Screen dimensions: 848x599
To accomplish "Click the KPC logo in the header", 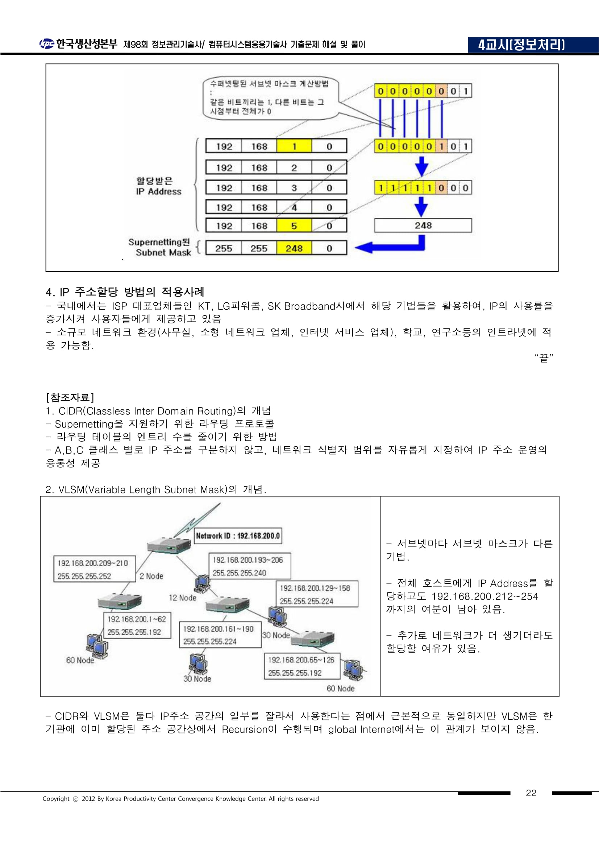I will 47,44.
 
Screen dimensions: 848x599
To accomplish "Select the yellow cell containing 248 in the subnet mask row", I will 294,248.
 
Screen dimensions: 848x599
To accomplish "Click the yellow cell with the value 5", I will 294,226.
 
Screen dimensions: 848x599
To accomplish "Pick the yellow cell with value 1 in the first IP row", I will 294,146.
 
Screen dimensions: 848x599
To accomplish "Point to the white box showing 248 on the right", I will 423,225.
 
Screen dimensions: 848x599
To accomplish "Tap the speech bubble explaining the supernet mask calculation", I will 271,98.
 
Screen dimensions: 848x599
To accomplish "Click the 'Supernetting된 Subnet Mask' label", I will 159,248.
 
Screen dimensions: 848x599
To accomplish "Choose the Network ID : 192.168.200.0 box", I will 238,535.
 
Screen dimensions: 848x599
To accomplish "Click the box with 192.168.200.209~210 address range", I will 94,569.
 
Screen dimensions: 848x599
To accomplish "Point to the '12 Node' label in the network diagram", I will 183,597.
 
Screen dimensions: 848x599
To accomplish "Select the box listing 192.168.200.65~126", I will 301,666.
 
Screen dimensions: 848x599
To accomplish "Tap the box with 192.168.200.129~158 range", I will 317,594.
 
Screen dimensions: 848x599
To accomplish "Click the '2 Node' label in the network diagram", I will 151,576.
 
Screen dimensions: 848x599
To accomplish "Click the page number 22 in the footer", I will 531,793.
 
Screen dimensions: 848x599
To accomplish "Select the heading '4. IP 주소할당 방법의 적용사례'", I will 125,292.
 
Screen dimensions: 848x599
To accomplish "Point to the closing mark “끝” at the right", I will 544,357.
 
